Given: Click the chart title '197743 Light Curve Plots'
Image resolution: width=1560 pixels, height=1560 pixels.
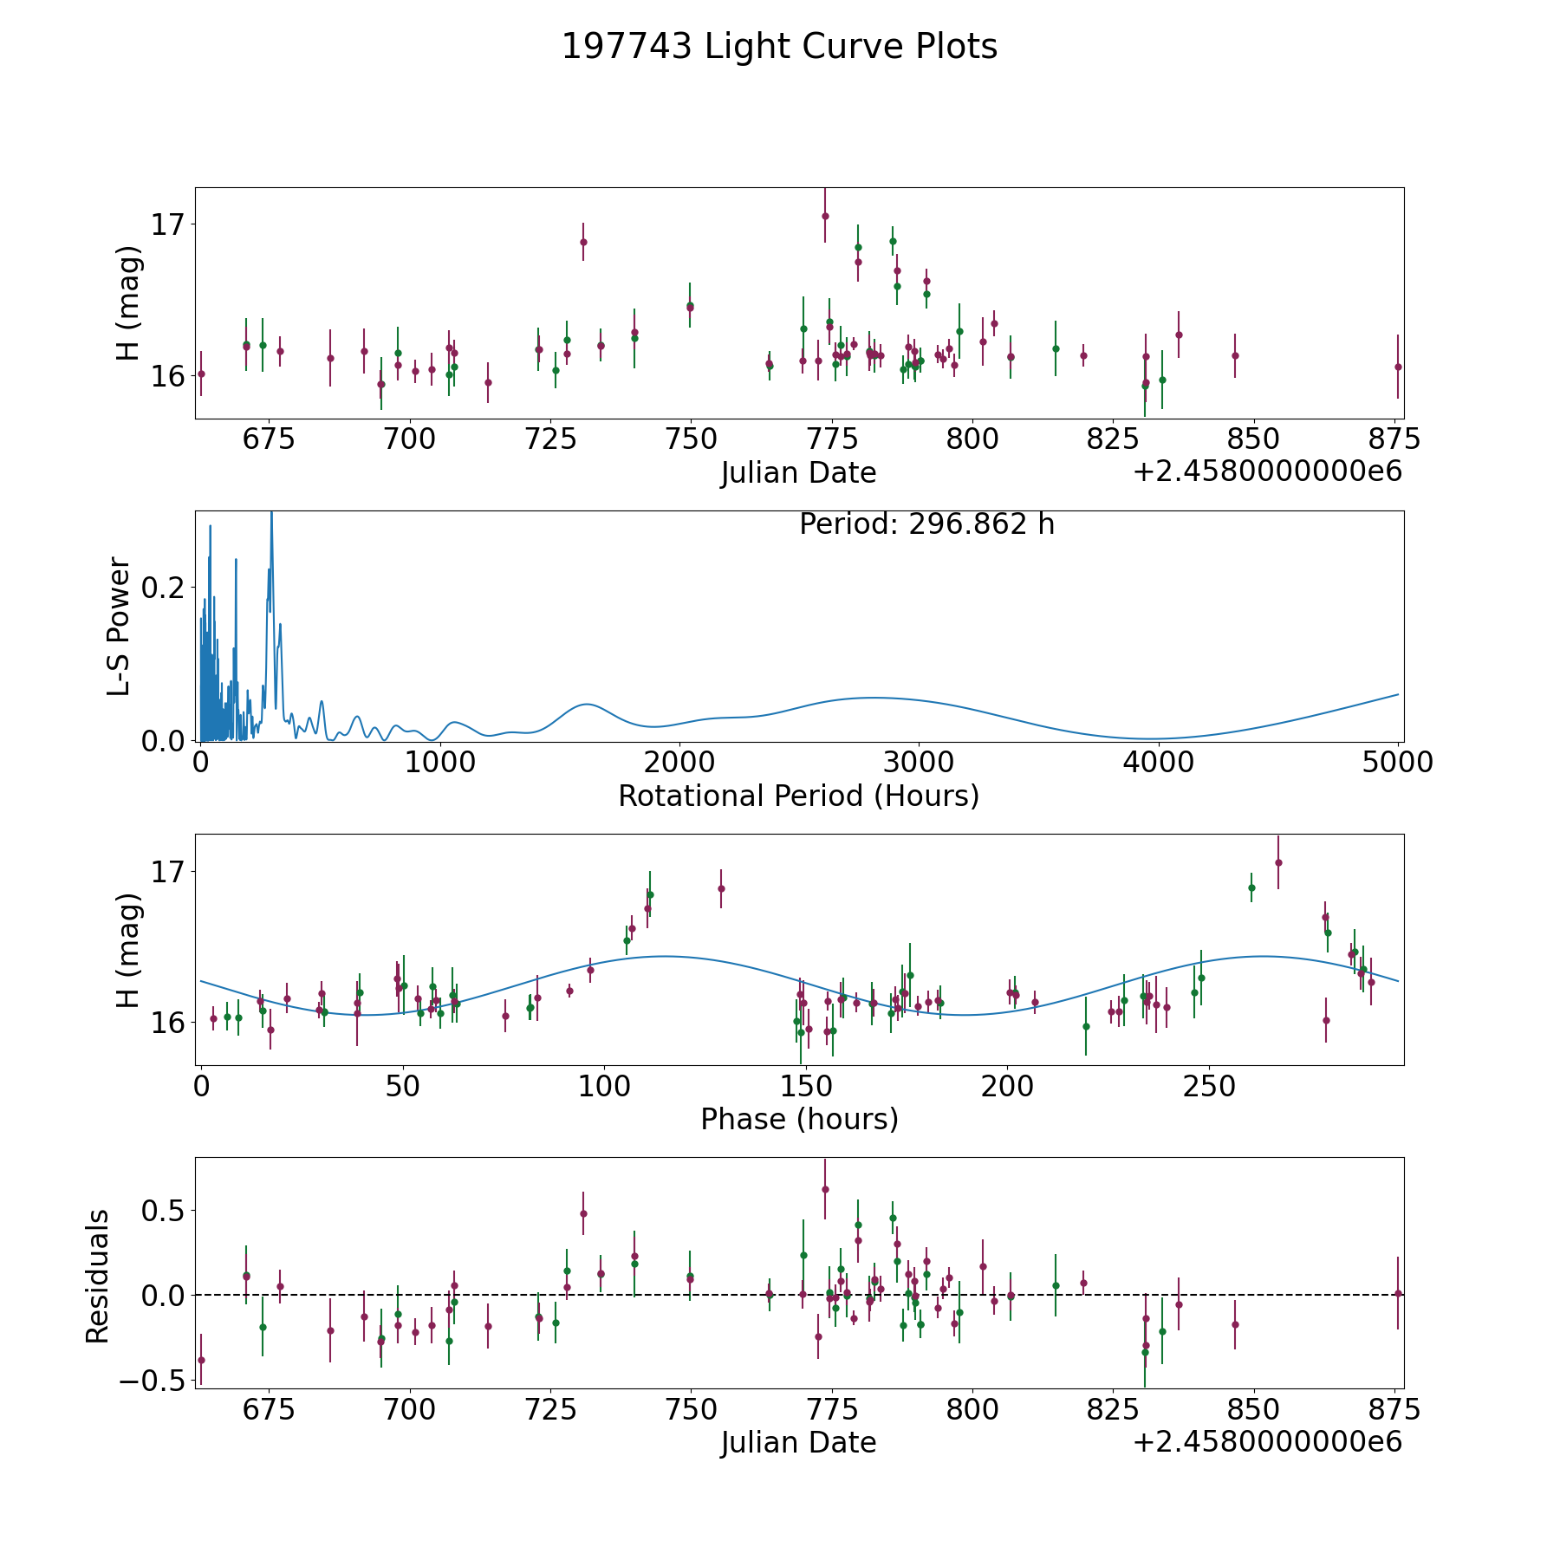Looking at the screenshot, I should tap(779, 47).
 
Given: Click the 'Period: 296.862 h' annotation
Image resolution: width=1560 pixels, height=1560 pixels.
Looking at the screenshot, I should tap(926, 524).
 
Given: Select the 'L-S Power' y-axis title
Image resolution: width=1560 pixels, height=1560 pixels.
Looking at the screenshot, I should tap(120, 627).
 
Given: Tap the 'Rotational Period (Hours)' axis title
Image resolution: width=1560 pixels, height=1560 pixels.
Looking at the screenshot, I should tap(798, 796).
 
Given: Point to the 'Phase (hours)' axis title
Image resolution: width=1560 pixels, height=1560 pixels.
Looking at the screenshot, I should tap(799, 1119).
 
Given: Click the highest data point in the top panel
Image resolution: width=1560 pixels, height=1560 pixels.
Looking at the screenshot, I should tap(825, 216).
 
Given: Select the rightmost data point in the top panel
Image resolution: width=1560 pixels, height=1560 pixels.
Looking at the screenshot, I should tap(1397, 367).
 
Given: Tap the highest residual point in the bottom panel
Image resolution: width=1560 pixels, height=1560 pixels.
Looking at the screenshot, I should tap(825, 1189).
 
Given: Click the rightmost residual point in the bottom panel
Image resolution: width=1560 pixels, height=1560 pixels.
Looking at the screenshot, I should tap(1397, 1293).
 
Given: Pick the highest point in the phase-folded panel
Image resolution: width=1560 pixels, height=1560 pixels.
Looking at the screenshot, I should tap(1277, 862).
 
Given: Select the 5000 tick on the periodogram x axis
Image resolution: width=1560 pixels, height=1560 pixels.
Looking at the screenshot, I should tap(1397, 763).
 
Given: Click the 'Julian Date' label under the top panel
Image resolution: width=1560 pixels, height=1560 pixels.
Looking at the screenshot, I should tap(798, 473).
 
